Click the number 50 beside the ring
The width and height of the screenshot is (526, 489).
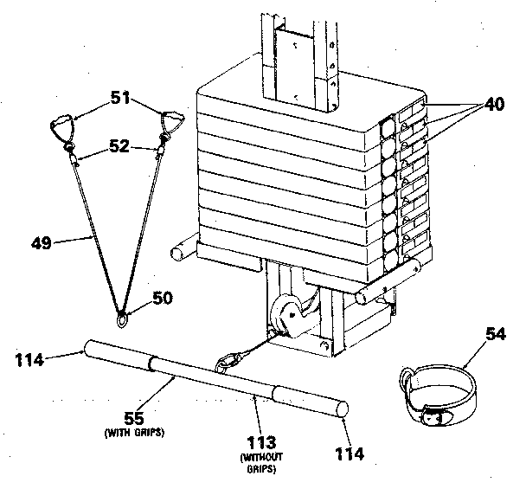(x=162, y=299)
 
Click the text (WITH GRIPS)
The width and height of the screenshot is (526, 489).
(x=133, y=432)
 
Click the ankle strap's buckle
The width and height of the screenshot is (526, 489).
(x=440, y=417)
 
